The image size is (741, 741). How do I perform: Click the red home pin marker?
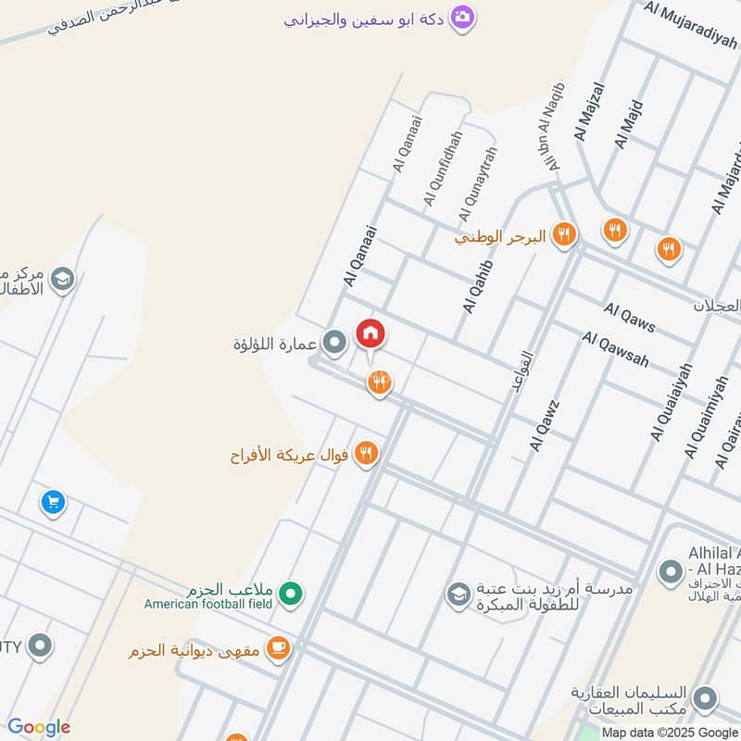tap(370, 334)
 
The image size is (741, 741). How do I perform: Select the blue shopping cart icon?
tap(53, 502)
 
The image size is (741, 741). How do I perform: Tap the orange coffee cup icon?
tap(277, 649)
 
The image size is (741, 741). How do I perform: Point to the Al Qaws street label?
tap(630, 317)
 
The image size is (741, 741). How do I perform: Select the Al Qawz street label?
tap(545, 425)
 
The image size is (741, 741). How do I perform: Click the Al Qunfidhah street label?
tap(442, 170)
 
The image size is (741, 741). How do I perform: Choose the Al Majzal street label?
tap(589, 112)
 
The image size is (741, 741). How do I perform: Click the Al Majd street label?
tap(627, 124)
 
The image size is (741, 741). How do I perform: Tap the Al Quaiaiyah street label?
tap(672, 401)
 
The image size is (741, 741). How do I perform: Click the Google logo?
tap(38, 727)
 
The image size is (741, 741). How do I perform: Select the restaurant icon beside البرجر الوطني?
tap(563, 235)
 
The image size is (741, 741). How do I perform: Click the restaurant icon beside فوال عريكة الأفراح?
tap(366, 454)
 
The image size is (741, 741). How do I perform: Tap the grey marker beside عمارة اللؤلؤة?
tap(335, 344)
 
